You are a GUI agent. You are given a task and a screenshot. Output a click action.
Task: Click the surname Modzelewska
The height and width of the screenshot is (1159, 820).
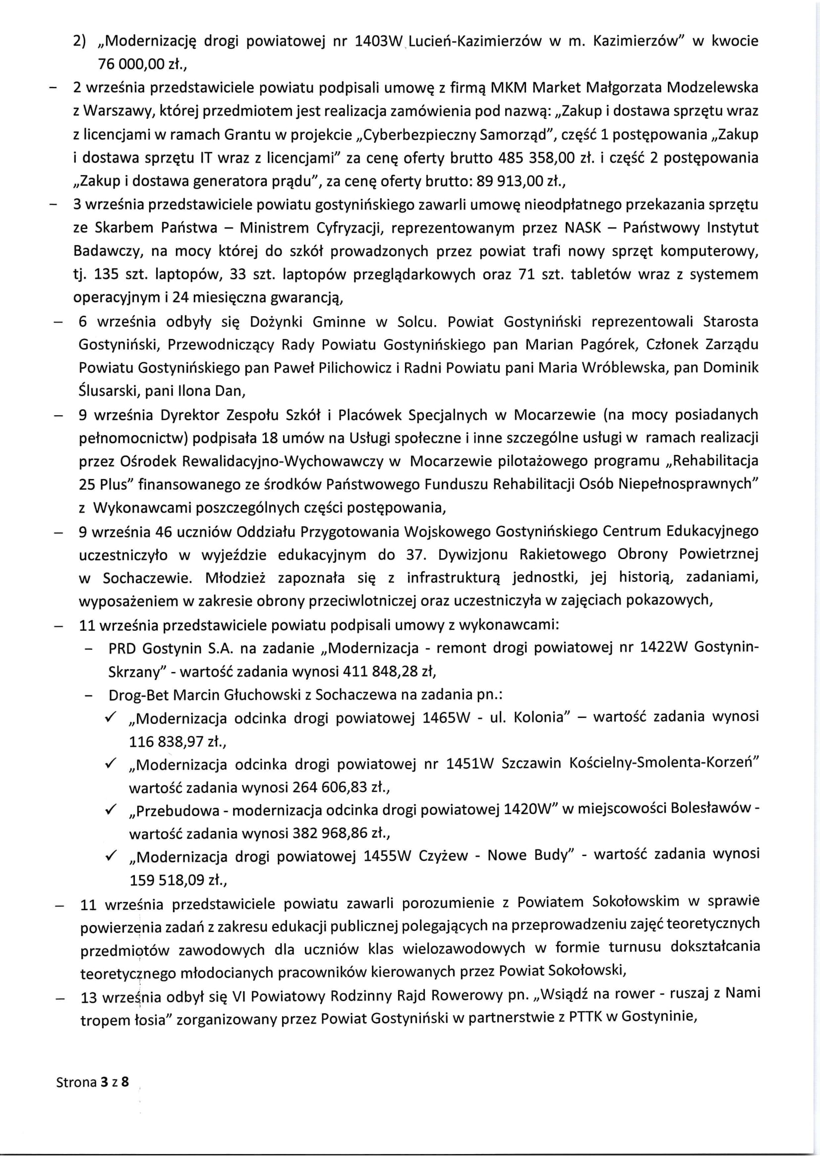pyautogui.click(x=712, y=88)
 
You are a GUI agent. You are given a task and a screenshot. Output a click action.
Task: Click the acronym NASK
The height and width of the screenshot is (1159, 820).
pyautogui.click(x=583, y=227)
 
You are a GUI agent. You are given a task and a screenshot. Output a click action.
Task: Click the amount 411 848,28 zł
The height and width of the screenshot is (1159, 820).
pyautogui.click(x=389, y=672)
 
